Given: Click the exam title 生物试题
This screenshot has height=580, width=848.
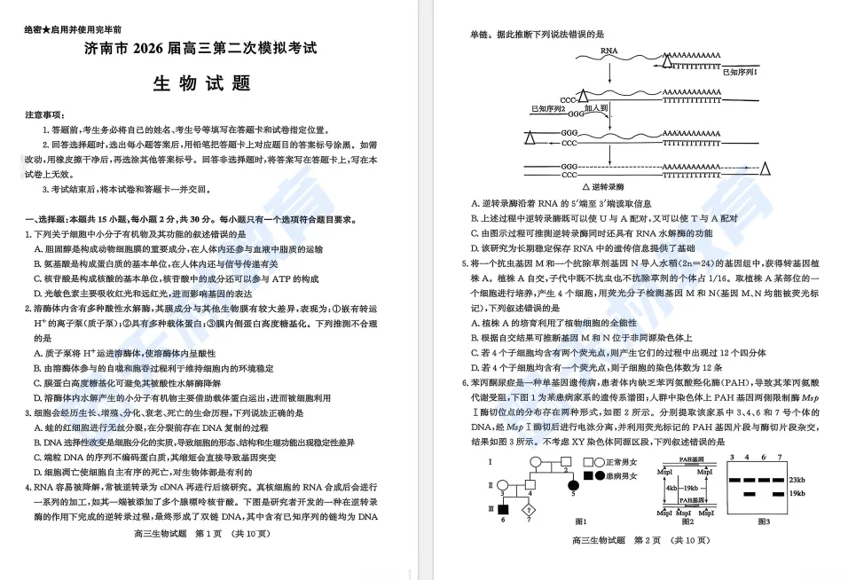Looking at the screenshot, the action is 202,83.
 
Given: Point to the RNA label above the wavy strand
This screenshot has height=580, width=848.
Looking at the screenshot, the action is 609,51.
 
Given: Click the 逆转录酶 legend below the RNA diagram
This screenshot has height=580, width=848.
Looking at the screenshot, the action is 607,187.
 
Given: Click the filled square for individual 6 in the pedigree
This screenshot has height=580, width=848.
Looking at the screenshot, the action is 501,508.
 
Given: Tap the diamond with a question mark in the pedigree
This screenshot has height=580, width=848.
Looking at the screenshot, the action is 530,508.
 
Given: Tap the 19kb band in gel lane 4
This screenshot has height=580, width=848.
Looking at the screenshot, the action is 750,493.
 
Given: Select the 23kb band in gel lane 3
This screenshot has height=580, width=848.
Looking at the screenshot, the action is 734,480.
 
